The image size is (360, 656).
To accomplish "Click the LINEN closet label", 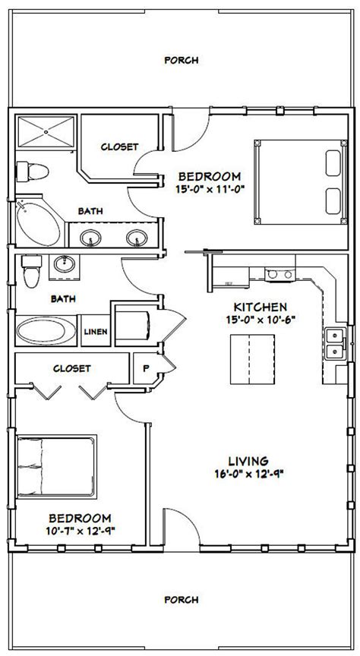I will click(x=94, y=332).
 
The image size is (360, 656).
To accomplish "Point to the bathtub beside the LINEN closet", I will click(x=45, y=332).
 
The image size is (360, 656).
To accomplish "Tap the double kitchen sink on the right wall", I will click(x=333, y=343).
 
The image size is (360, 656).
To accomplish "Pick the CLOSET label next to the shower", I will click(x=118, y=146).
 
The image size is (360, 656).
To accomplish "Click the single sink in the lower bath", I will click(x=64, y=265).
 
